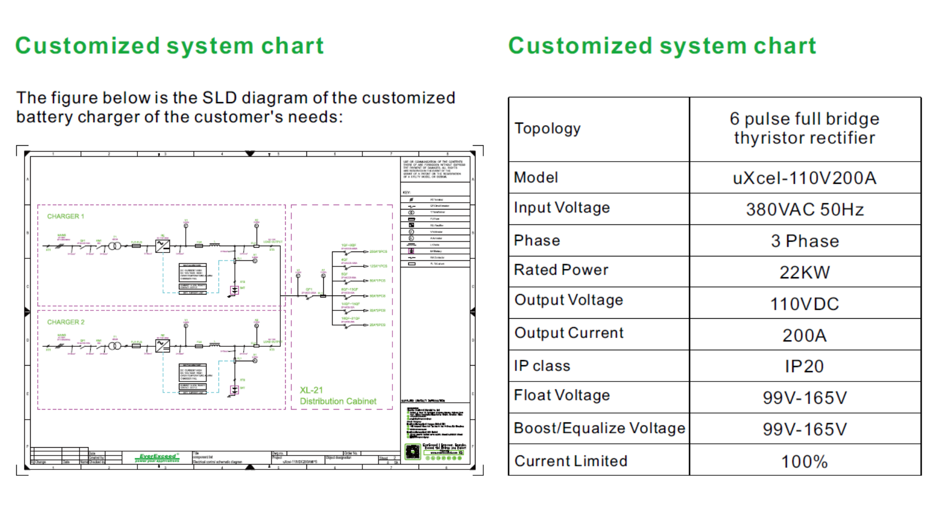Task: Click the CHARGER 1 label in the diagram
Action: coord(66,216)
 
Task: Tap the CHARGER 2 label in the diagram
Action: coord(66,322)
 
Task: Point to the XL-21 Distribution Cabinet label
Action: coord(338,396)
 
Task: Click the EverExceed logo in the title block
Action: coord(157,458)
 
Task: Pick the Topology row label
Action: coord(548,128)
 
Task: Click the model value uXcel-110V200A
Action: coord(805,178)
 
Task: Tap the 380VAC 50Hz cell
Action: coord(805,210)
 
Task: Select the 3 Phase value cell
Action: coord(805,241)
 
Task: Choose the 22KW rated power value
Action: coord(805,272)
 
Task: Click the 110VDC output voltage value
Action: coord(805,304)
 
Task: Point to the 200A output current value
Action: coord(805,336)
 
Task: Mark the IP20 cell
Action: coord(805,367)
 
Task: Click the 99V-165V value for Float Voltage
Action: coord(805,398)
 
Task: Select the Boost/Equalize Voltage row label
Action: coord(600,428)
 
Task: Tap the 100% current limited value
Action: coord(805,462)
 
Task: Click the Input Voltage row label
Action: coord(562,208)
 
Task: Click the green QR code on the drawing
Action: coord(412,452)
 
